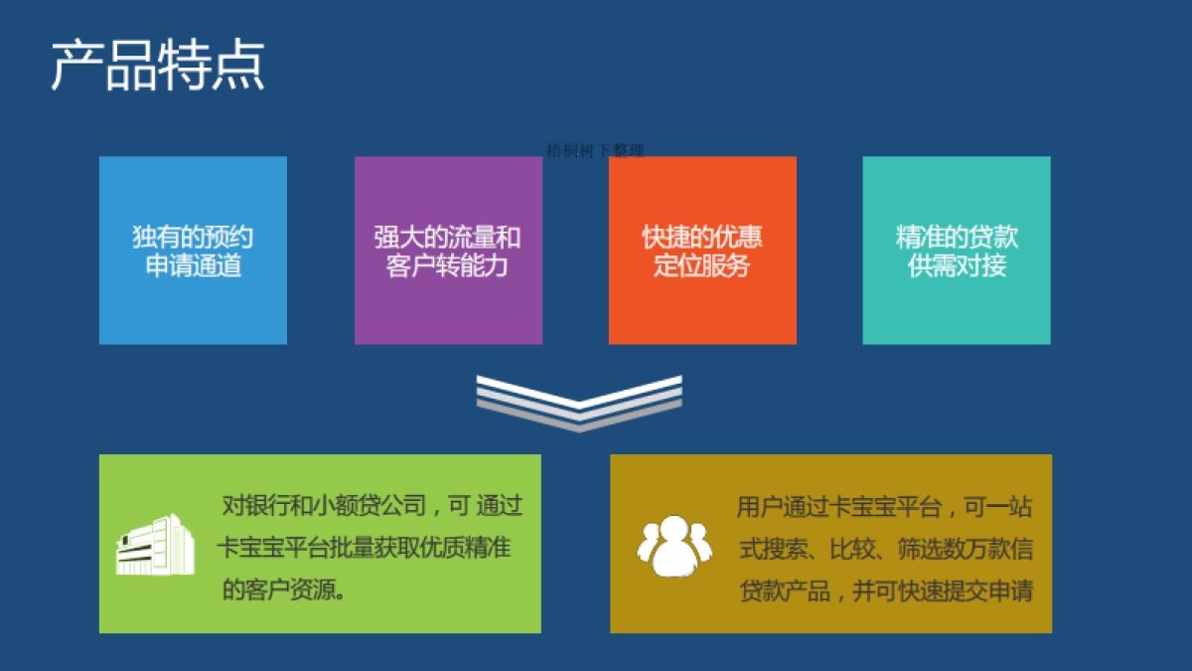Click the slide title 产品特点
pos(158,66)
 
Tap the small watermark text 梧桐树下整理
pos(595,151)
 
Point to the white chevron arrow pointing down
pos(579,402)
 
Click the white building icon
pos(155,544)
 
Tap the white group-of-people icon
pos(674,546)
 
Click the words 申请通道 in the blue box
pos(193,266)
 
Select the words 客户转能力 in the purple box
pos(447,266)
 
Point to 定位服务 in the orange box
pos(701,266)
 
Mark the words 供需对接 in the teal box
pos(957,266)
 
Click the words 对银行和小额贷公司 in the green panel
pos(324,506)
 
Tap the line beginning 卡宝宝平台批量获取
pos(364,547)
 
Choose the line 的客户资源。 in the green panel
pos(284,589)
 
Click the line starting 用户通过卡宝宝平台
pos(884,508)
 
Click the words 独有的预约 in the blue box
pos(193,238)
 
